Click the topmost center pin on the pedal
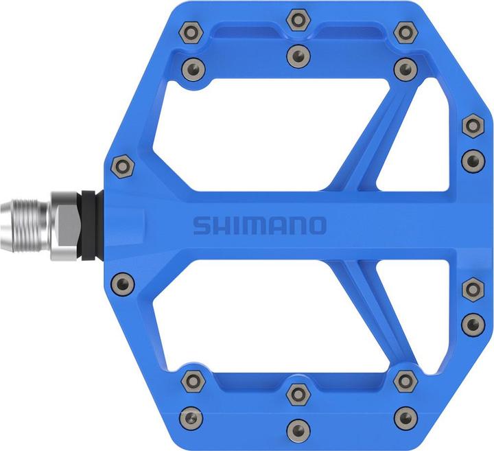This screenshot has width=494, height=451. pyautogui.click(x=297, y=18)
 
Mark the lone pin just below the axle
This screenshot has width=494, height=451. pyautogui.click(x=121, y=281)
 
